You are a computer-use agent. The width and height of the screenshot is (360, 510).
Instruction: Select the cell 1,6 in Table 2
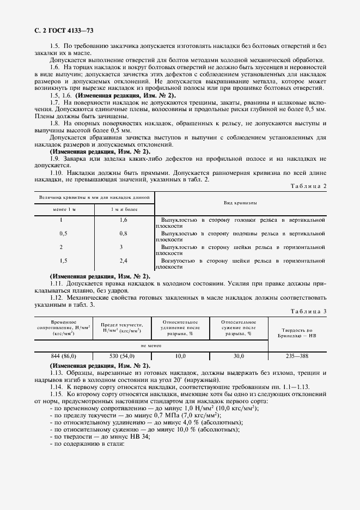point(123,220)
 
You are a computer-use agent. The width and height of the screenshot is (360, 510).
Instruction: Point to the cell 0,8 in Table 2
point(123,233)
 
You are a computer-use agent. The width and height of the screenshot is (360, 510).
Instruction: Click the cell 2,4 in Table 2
point(123,261)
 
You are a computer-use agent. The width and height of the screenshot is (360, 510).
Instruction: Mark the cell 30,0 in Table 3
point(238,356)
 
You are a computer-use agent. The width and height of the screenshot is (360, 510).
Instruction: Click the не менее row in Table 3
point(151,345)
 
